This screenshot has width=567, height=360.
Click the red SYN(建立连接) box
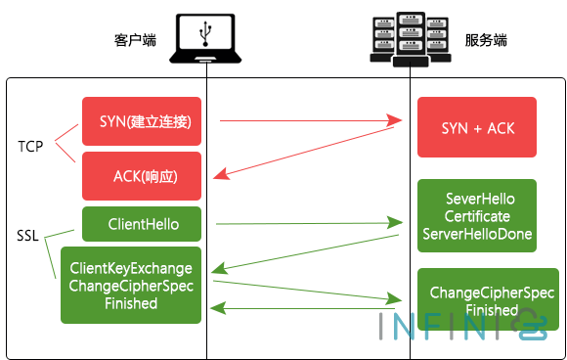click(x=142, y=121)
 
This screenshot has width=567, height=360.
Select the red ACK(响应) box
click(x=142, y=176)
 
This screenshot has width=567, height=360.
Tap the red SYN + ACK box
click(x=477, y=128)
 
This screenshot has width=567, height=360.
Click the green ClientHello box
click(x=142, y=224)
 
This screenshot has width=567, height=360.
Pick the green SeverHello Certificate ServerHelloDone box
click(x=477, y=216)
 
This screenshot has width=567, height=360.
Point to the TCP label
click(x=30, y=147)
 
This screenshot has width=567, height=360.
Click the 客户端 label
click(x=135, y=40)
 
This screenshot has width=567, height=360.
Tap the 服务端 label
click(x=485, y=40)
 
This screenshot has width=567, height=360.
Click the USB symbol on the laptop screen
click(x=205, y=32)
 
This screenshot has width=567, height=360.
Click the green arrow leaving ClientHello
click(x=308, y=224)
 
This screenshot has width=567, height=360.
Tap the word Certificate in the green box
click(x=477, y=216)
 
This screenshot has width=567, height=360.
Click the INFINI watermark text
click(x=440, y=325)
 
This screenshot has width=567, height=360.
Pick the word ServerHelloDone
click(x=477, y=235)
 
